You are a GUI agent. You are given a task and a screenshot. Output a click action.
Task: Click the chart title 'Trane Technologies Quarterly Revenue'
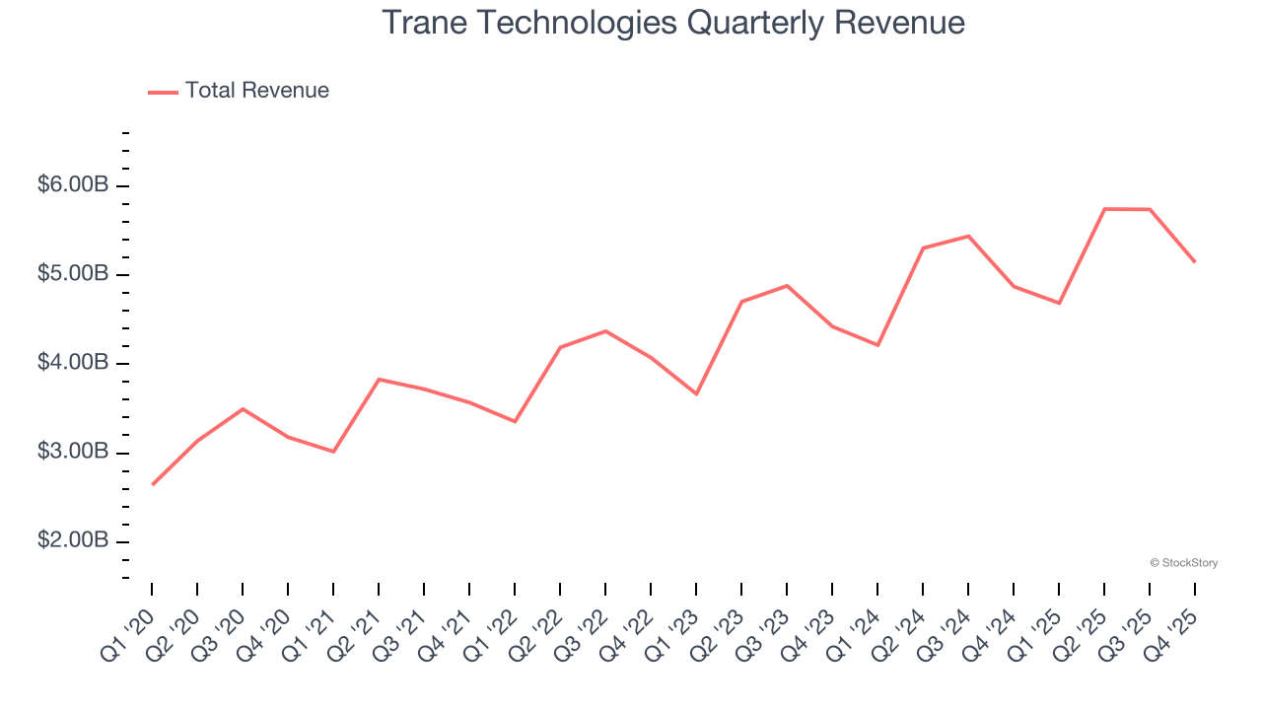[x=673, y=23]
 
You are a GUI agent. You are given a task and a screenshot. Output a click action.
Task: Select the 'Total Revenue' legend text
[x=256, y=91]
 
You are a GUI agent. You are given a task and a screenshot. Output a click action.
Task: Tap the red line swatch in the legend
[x=163, y=92]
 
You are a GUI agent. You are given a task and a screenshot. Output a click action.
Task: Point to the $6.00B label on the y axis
[x=73, y=185]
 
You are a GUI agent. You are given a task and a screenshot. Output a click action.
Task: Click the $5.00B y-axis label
[x=73, y=274]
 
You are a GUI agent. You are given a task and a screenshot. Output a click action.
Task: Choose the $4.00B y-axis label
[x=73, y=364]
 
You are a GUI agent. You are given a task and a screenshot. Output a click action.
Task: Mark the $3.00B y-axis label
[x=73, y=453]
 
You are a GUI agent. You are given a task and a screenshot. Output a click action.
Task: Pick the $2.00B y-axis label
[x=73, y=541]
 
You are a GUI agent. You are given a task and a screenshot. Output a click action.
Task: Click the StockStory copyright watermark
[x=1183, y=563]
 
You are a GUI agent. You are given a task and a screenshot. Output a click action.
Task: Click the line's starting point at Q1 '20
[x=152, y=484]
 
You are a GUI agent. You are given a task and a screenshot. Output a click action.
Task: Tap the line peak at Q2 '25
[x=1104, y=209]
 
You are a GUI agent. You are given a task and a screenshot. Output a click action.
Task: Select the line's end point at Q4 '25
[x=1195, y=261]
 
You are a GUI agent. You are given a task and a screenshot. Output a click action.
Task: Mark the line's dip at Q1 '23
[x=696, y=393]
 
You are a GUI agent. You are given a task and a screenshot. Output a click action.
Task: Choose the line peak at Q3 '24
[x=968, y=236]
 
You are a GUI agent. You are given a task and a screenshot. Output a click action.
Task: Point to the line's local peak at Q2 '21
[x=379, y=379]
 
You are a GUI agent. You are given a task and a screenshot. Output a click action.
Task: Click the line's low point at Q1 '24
[x=877, y=345]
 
